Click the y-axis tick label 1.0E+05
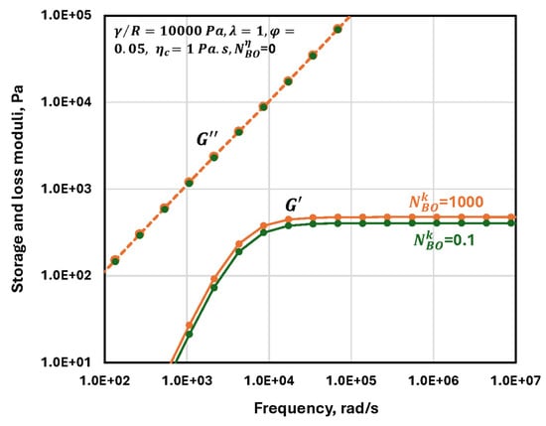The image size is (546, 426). [66, 15]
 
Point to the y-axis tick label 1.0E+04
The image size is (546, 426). [66, 102]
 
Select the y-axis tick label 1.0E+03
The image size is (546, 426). [66, 189]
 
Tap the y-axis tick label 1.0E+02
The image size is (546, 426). [66, 275]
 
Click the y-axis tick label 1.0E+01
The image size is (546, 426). [66, 361]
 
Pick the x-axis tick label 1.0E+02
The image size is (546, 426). [105, 380]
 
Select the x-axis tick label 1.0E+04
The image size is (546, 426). [269, 380]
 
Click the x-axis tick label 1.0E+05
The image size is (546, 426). [351, 380]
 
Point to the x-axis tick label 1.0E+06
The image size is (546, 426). [434, 380]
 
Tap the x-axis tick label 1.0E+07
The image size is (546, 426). [515, 380]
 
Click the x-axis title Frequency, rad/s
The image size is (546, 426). [316, 408]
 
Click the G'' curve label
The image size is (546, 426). [207, 139]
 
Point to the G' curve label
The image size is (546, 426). [292, 206]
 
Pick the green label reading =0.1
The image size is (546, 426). [460, 240]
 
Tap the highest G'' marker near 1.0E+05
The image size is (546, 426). [338, 29]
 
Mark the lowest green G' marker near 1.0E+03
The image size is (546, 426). [189, 334]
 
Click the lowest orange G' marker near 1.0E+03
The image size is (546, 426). [189, 326]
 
